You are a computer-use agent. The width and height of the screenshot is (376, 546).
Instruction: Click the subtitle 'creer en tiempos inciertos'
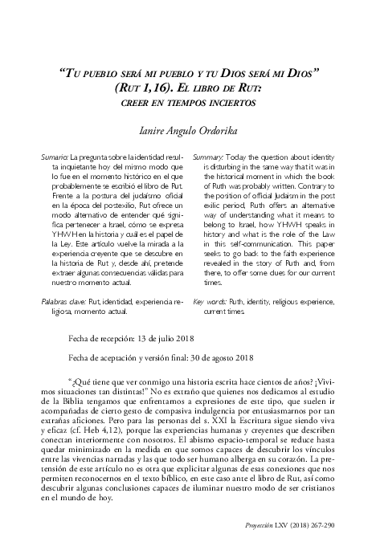[x=188, y=103]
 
